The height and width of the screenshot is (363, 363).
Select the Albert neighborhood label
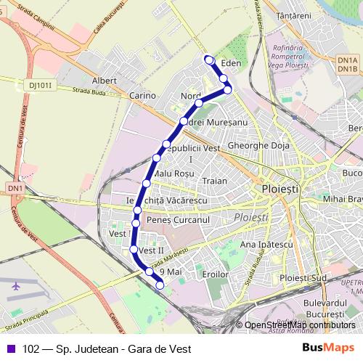point(105,81)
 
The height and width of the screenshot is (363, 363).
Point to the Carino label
point(142,95)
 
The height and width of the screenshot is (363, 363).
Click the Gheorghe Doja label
point(258,145)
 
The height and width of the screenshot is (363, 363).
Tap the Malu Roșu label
point(175,174)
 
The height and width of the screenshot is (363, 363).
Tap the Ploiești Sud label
point(304,277)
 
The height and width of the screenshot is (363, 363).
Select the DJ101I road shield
point(42,85)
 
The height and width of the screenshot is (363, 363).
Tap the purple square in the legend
point(9,348)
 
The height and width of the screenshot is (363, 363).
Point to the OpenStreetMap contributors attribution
point(299,325)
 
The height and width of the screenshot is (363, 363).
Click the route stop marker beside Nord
point(198,103)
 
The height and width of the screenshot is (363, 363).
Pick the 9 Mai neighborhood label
point(169,271)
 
